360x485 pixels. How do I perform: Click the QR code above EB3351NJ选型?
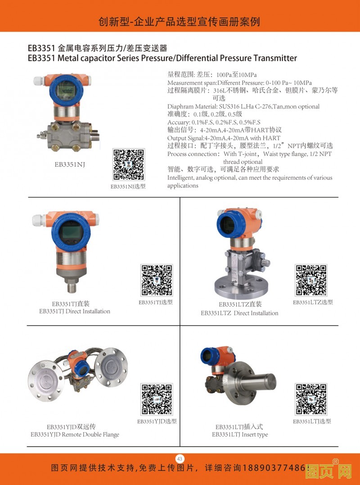point(129,165)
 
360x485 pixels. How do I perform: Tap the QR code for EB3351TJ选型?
point(157,280)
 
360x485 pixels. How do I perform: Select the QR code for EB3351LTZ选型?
point(311,280)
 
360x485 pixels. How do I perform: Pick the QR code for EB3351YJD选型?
point(157,399)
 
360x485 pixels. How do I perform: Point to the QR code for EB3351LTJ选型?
point(311,399)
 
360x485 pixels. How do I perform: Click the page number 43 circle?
point(180,458)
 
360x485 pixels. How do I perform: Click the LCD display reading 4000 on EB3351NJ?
point(66,91)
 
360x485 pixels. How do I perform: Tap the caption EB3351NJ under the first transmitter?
point(70,164)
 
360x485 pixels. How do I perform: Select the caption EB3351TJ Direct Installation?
point(75,312)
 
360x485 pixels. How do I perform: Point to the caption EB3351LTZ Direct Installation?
point(239,313)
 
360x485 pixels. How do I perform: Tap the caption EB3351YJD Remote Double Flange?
point(75,435)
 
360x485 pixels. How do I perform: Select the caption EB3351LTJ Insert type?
point(240,435)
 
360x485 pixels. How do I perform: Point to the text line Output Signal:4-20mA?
point(224,138)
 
